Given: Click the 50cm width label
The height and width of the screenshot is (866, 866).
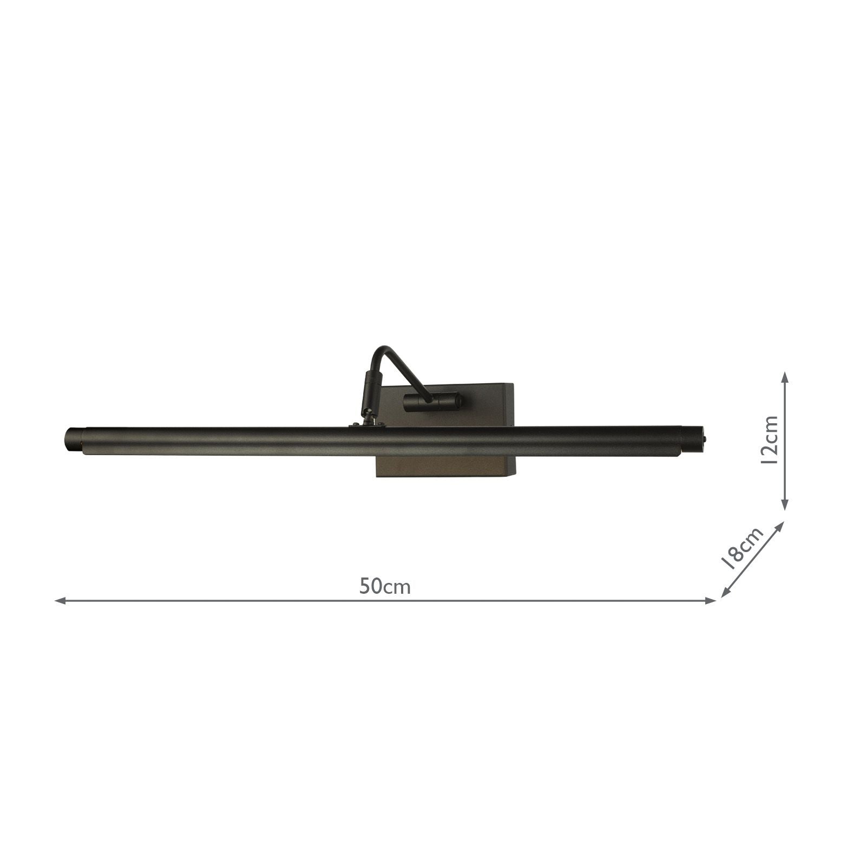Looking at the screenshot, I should (385, 586).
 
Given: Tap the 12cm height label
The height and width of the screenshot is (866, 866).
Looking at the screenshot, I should (768, 440).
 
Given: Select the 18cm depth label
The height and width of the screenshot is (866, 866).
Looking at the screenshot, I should (744, 548).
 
